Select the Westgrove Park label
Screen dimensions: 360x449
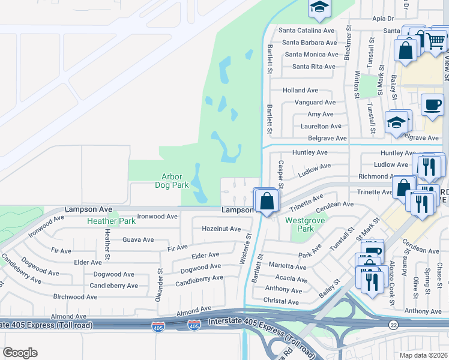tap(300, 224)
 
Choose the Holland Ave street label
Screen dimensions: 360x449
tap(300, 91)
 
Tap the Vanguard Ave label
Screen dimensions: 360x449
tap(315, 103)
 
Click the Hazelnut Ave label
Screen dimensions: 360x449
tap(221, 229)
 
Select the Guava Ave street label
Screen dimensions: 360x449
tap(138, 240)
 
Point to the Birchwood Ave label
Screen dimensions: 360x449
tap(76, 296)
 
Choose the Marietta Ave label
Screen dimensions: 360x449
tap(288, 266)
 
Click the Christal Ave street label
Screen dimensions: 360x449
tap(282, 302)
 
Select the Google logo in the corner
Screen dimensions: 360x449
tap(20, 353)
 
